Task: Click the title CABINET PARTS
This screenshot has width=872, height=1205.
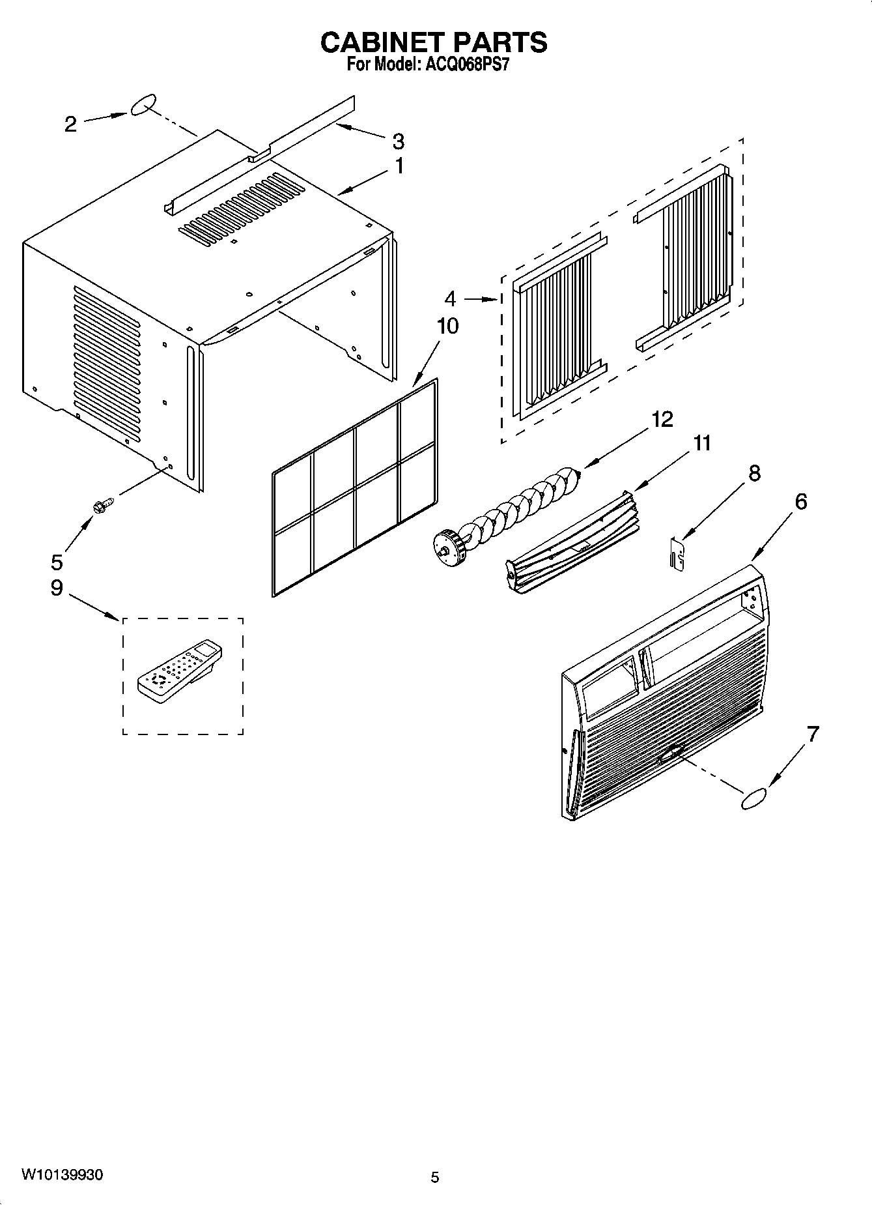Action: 434,42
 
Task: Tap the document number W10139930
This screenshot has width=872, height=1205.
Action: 62,1174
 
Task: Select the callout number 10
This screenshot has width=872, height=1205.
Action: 447,326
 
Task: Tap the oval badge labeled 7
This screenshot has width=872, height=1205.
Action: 754,799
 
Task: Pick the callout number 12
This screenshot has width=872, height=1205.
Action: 662,419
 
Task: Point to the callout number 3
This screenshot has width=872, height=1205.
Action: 398,141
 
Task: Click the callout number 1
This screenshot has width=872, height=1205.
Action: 399,166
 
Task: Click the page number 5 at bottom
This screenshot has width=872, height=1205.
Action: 435,1177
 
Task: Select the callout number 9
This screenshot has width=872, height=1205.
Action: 57,588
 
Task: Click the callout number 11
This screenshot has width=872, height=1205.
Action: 701,443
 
